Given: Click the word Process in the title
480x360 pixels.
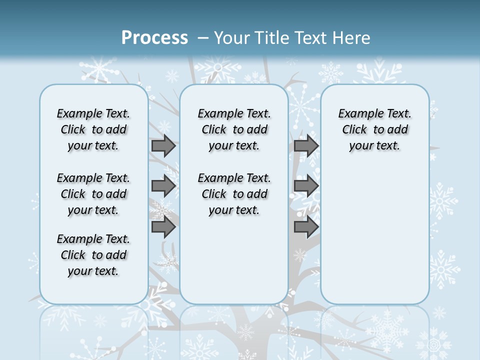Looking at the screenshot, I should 154,37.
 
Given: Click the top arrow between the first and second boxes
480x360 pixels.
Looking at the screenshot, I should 163,145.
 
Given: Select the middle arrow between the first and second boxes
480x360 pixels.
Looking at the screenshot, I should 163,186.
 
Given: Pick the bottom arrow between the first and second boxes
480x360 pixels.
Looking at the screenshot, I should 163,227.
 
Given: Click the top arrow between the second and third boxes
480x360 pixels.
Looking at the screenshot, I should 306,145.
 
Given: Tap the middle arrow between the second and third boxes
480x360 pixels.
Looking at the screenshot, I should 306,186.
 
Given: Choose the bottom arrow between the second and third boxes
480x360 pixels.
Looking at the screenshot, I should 306,227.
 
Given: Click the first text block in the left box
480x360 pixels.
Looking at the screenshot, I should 93,129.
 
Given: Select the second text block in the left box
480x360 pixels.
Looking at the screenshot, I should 93,194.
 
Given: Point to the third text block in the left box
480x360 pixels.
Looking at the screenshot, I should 93,255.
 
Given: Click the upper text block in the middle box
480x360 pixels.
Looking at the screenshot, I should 234,129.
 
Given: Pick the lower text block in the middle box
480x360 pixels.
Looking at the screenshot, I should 234,194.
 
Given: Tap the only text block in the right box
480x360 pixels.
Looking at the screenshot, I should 374,129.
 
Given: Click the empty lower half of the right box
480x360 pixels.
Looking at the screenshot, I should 374,240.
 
